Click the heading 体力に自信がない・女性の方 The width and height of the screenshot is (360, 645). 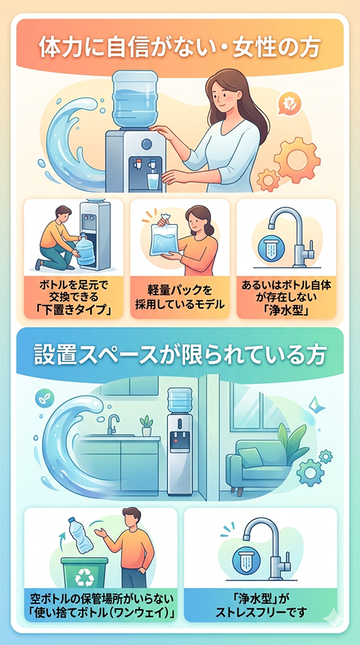(179, 49)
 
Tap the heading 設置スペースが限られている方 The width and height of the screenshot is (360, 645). (179, 355)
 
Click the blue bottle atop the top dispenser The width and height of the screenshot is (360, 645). (135, 99)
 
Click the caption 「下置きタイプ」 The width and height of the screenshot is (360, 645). (73, 310)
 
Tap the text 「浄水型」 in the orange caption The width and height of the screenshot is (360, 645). (286, 310)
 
